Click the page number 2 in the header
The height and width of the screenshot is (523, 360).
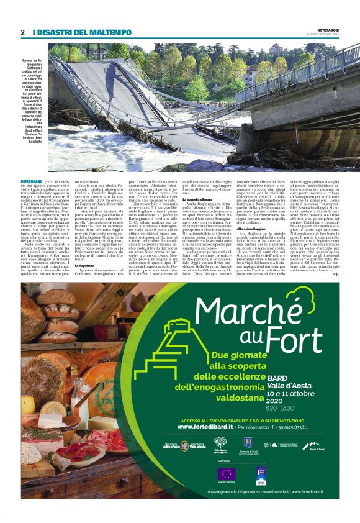click(x=23, y=32)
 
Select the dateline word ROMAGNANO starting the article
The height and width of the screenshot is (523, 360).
click(x=32, y=180)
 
